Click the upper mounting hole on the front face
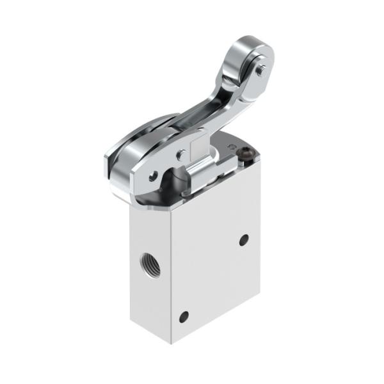[244, 240]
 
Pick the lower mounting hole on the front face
[185, 316]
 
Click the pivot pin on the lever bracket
[181, 154]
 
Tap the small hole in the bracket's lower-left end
[152, 177]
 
